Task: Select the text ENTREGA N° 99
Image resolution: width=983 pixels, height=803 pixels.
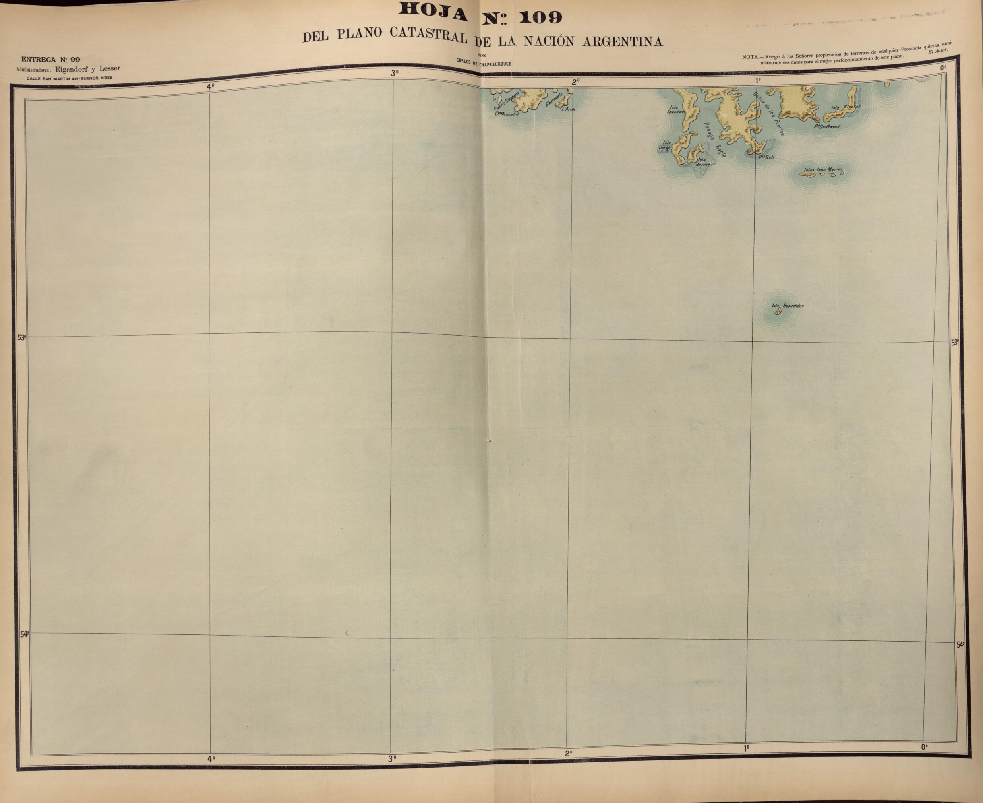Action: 50,59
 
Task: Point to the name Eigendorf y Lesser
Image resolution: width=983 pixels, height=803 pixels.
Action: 88,68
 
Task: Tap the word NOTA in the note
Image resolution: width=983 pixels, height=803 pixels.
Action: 751,57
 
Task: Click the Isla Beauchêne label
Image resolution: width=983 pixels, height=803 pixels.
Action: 788,306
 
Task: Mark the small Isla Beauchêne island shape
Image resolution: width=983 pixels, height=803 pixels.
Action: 778,312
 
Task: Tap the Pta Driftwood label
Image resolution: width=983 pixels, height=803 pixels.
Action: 827,126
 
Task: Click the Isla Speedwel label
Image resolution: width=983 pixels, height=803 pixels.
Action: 675,110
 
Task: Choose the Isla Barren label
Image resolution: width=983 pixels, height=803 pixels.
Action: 702,162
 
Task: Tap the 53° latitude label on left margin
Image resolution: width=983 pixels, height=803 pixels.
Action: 22,337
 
